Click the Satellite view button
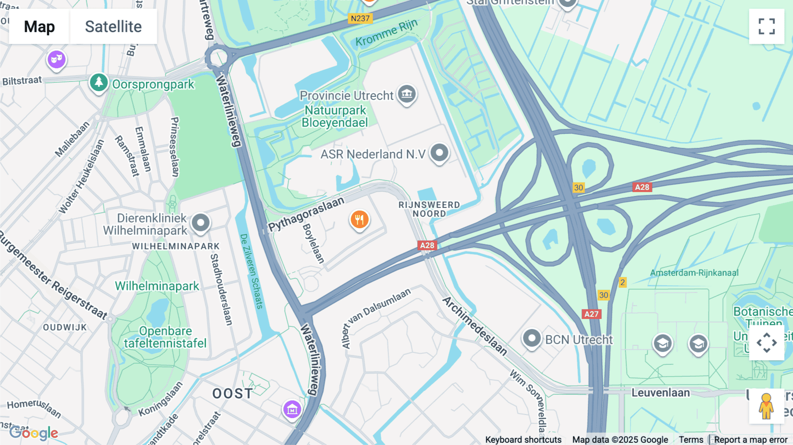click(x=113, y=26)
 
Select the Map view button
click(x=39, y=26)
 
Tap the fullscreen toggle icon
click(x=767, y=26)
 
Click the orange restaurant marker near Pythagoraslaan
click(x=359, y=219)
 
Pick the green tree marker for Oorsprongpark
click(x=99, y=82)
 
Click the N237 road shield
click(x=360, y=19)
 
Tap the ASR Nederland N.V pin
click(x=439, y=153)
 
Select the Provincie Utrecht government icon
click(x=407, y=94)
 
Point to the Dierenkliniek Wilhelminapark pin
click(x=200, y=222)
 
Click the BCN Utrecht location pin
click(x=532, y=339)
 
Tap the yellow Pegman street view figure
click(x=766, y=406)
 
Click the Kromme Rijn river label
click(x=386, y=33)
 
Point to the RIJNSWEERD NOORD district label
click(x=429, y=209)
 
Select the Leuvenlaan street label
click(x=660, y=393)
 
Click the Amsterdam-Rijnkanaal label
click(x=694, y=273)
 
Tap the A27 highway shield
click(x=591, y=314)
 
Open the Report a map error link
click(x=751, y=440)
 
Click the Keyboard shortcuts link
click(x=523, y=440)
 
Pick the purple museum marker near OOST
click(x=292, y=410)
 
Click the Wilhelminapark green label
click(x=157, y=286)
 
